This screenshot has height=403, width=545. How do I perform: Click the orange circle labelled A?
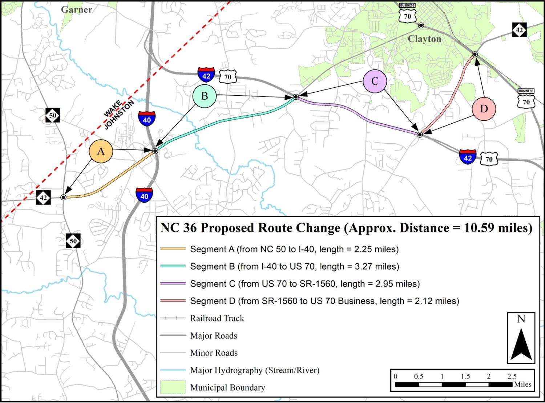point(101,151)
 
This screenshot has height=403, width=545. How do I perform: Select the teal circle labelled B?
point(205,96)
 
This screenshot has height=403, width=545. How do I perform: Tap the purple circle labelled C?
point(375,81)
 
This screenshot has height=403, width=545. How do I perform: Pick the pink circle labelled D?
point(484,109)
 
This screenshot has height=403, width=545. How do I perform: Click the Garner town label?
point(76,9)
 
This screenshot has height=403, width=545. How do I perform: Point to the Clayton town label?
point(424,39)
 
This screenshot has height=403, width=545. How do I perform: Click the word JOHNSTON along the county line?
point(120,115)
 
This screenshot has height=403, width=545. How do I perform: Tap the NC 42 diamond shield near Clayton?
point(519,30)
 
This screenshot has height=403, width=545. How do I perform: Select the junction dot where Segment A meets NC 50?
point(63,197)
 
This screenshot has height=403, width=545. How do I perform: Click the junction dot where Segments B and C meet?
point(296,97)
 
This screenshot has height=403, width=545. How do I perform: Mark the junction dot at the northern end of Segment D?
point(475,54)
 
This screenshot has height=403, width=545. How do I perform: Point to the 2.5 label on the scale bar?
point(512,376)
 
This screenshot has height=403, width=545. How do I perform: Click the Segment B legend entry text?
point(294,267)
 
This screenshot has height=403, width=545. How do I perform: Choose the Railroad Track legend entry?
point(217,318)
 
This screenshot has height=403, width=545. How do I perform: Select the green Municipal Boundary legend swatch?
point(173,387)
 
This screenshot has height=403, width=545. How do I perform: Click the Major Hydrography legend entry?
point(255,370)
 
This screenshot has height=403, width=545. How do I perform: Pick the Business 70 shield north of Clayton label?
point(407,13)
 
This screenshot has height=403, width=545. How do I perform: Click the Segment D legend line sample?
point(173,301)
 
